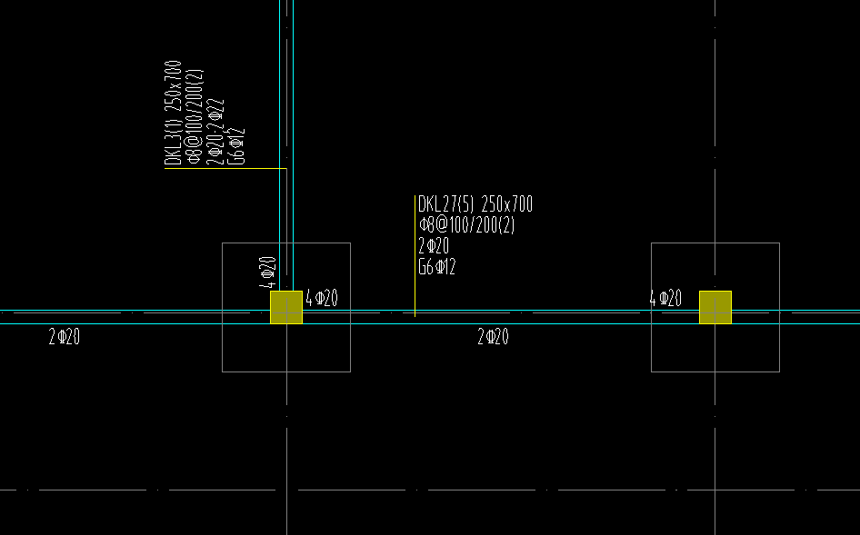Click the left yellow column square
tap(286, 307)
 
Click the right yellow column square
tap(715, 307)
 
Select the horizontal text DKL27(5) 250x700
tap(475, 204)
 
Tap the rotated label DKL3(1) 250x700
tap(173, 114)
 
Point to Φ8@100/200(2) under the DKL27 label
tap(467, 225)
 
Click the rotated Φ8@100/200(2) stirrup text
tap(194, 114)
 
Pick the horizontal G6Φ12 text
tap(437, 267)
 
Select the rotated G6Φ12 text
tap(237, 146)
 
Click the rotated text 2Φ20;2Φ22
tap(215, 131)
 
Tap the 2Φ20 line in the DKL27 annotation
tap(434, 246)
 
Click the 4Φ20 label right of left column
tap(322, 298)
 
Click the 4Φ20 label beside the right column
tap(665, 298)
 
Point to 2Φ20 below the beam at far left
tap(65, 338)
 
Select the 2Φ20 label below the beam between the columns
tap(494, 338)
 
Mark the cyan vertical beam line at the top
tap(293, 91)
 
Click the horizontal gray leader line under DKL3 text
tap(227, 168)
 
